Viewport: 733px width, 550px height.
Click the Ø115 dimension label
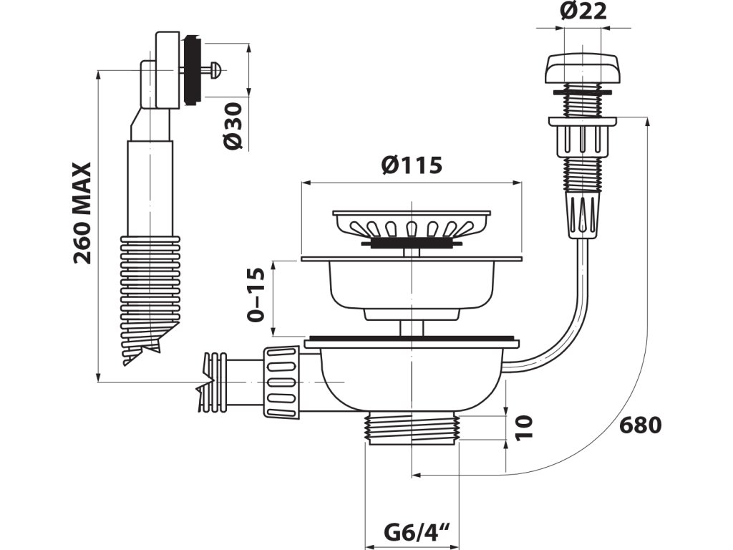[412, 165]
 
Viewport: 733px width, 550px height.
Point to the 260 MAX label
[83, 213]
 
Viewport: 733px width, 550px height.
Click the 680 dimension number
[641, 425]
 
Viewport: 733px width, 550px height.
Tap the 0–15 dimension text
[256, 294]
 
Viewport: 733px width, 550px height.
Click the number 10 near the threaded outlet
[525, 428]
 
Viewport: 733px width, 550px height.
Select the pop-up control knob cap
[580, 69]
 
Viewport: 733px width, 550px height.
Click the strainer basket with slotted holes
[412, 225]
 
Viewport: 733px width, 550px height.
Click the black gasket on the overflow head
[191, 69]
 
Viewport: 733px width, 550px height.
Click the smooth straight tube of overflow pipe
[150, 186]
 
